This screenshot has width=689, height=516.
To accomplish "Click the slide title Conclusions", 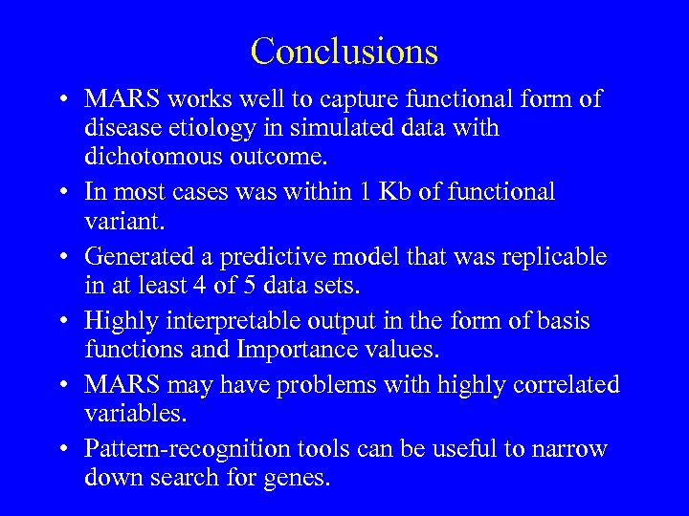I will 344,51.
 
